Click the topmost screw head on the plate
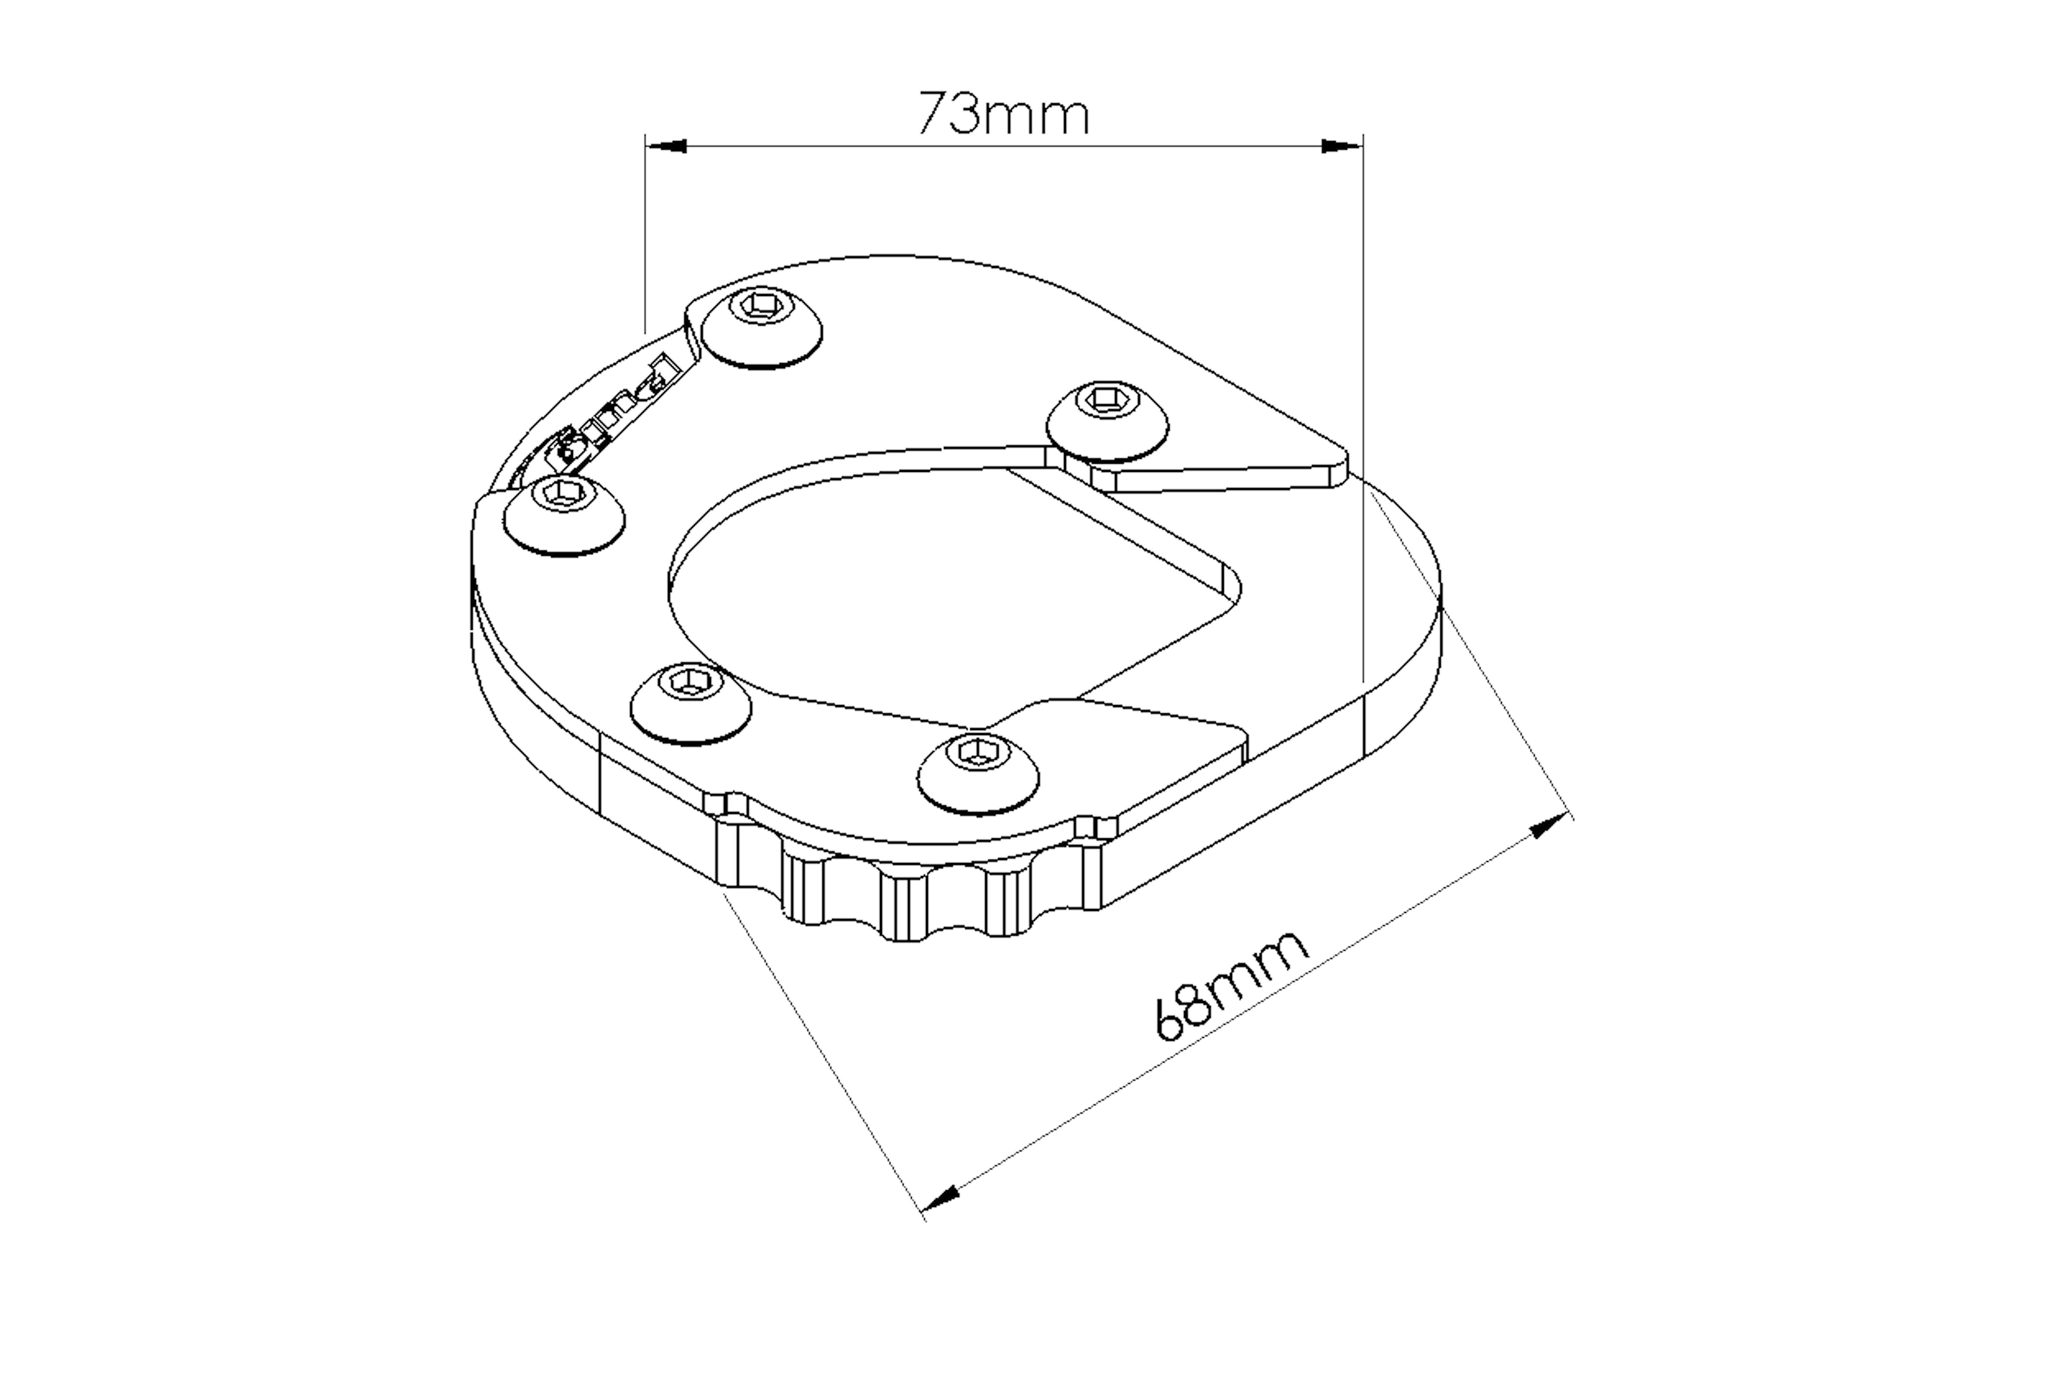[x=763, y=328]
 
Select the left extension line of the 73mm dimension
[x=646, y=237]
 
